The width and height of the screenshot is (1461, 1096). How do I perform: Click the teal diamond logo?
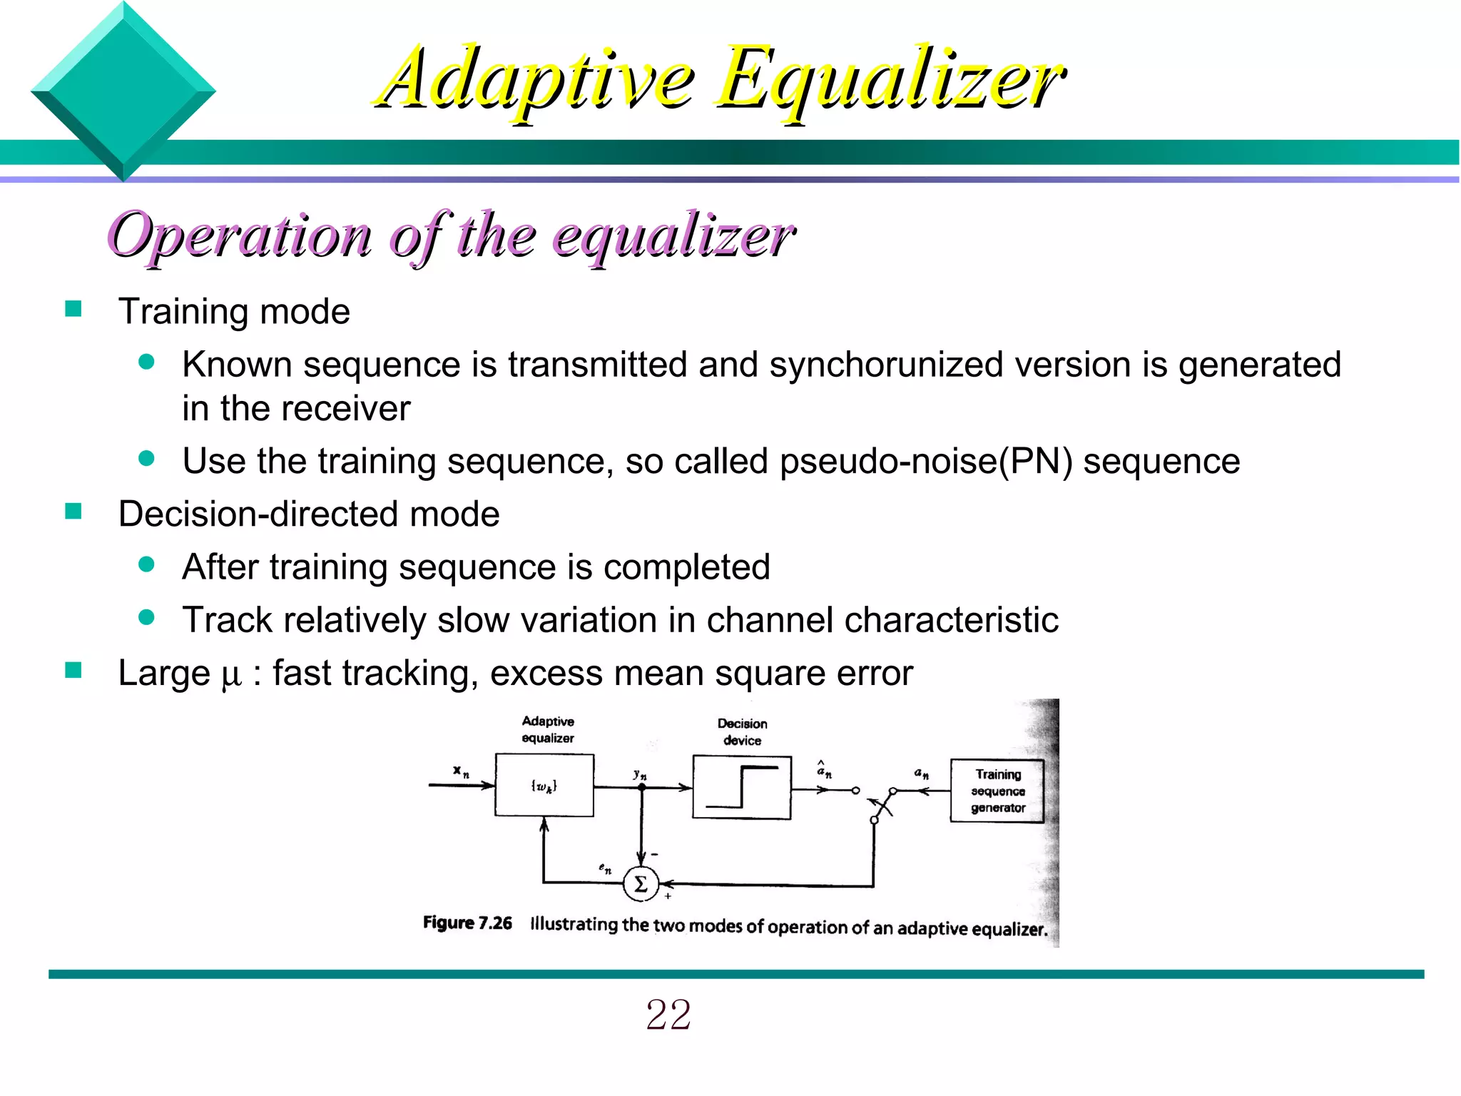[x=123, y=91]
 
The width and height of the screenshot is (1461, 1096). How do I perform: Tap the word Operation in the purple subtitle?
[x=240, y=235]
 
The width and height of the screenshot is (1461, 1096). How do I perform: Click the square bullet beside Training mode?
[x=73, y=309]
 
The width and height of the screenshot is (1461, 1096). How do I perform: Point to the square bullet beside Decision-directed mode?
[x=73, y=512]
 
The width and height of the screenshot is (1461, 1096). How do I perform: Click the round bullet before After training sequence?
[x=147, y=565]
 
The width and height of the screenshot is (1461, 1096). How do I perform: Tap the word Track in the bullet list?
[x=227, y=619]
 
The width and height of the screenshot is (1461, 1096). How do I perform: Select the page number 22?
[x=668, y=1014]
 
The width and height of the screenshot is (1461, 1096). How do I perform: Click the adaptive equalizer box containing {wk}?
[x=544, y=785]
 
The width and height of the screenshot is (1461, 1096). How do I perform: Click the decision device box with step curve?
[x=742, y=788]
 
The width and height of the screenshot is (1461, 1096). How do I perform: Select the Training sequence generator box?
[x=997, y=791]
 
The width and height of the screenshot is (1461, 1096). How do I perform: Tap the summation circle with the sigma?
[x=640, y=885]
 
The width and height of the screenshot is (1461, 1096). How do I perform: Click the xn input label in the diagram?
[x=461, y=771]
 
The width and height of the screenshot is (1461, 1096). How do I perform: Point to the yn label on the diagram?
[x=639, y=774]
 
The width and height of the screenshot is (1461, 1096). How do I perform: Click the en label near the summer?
[x=604, y=868]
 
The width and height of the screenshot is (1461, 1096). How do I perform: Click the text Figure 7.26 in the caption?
[x=467, y=923]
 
